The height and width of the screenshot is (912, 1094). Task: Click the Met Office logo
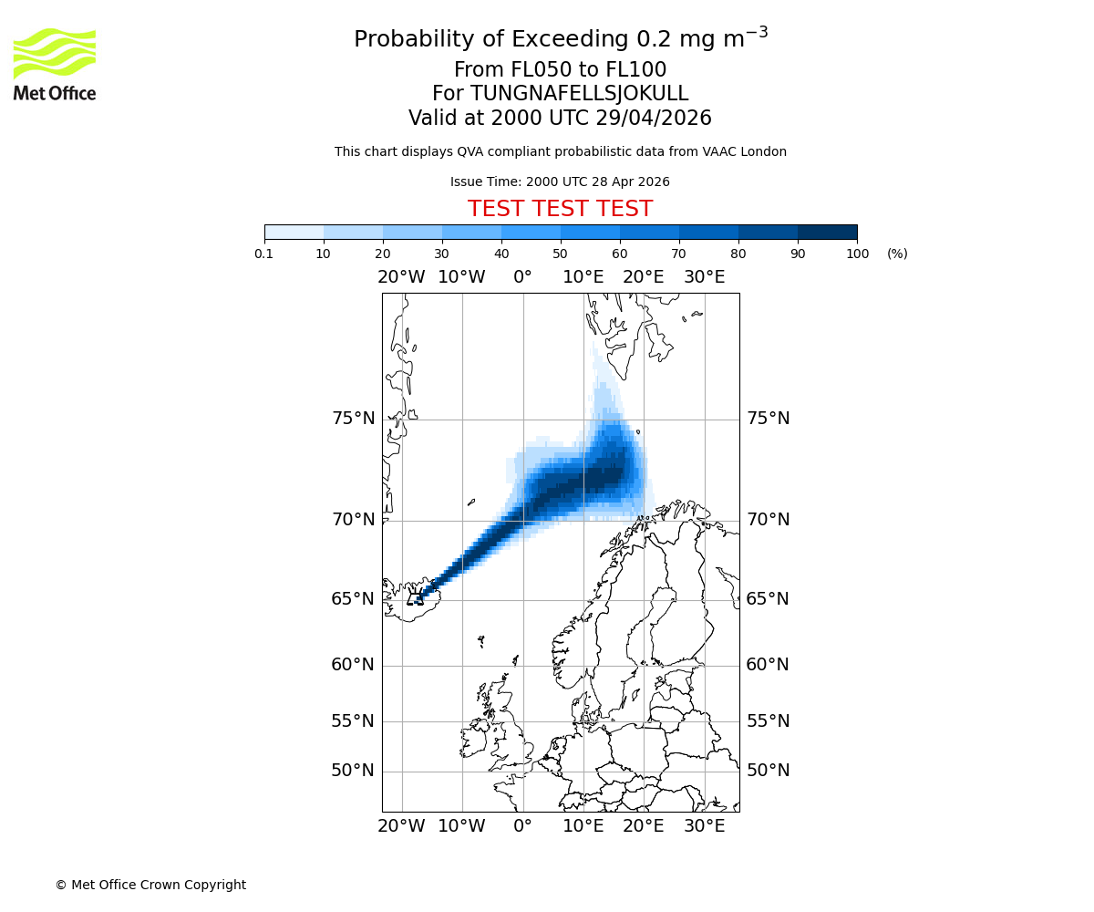pos(55,64)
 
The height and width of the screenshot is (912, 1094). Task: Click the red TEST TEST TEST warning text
pos(560,210)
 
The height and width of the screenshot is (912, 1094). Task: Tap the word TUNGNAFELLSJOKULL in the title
pos(579,94)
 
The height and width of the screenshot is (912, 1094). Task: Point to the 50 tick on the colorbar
pos(561,254)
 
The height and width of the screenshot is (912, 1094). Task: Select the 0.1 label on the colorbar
pos(264,254)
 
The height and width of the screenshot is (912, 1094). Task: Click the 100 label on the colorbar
pos(857,254)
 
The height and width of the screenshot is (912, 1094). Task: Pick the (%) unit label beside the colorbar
pos(897,254)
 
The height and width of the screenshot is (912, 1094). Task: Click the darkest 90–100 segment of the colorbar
pos(827,232)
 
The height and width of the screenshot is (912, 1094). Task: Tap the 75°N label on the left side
pos(353,419)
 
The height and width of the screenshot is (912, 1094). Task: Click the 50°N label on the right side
pos(768,771)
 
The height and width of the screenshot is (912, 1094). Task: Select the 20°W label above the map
pos(401,277)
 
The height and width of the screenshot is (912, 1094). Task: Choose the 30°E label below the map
pos(704,826)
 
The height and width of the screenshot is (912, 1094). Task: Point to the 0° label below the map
pos(522,826)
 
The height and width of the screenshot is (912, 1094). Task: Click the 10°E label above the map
pos(583,277)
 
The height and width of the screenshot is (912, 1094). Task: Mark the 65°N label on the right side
pos(768,599)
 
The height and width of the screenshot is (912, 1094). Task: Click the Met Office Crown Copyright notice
pos(150,885)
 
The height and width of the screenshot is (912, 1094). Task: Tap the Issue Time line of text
pos(560,181)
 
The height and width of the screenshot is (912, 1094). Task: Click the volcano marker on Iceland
pos(416,598)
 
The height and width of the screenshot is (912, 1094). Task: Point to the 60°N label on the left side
pos(353,665)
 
